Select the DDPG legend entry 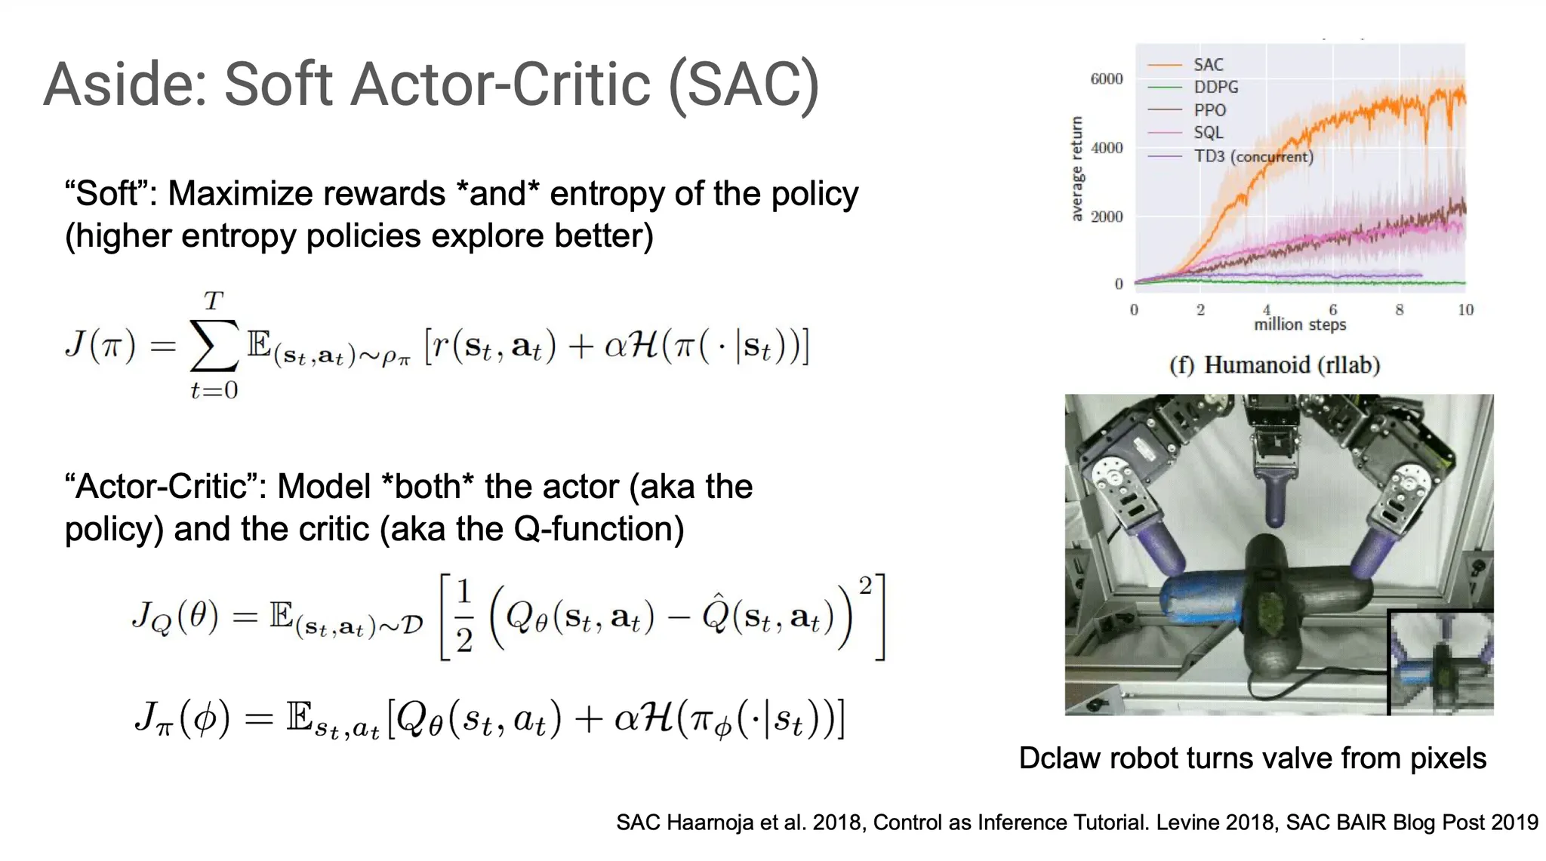pyautogui.click(x=1193, y=88)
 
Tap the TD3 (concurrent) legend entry pyautogui.click(x=1230, y=156)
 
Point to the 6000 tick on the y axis pyautogui.click(x=1107, y=78)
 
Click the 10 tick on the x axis pyautogui.click(x=1465, y=309)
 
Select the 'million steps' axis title pyautogui.click(x=1300, y=324)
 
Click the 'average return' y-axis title pyautogui.click(x=1077, y=169)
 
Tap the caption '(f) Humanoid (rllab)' pyautogui.click(x=1274, y=365)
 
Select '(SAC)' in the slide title pyautogui.click(x=744, y=85)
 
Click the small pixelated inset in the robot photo pyautogui.click(x=1441, y=662)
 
